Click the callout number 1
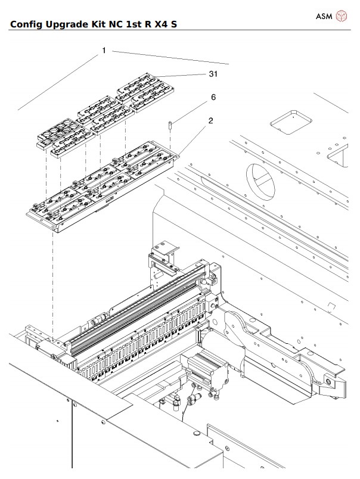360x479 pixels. (104, 51)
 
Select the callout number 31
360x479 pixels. (213, 74)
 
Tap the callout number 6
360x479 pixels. (213, 97)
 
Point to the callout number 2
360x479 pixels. (210, 120)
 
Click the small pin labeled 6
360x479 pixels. (170, 125)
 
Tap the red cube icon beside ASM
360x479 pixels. (342, 15)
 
